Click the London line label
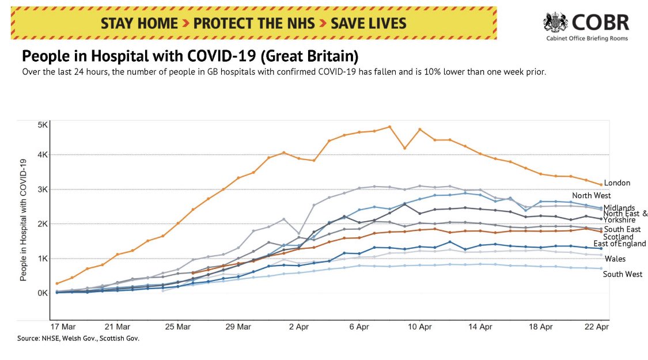(x=617, y=183)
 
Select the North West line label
(x=591, y=196)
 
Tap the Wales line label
(x=615, y=259)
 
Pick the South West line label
(x=623, y=274)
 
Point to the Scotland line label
(x=618, y=237)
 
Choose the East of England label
(x=619, y=244)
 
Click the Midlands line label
(x=619, y=207)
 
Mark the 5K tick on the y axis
(x=43, y=124)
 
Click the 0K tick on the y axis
(x=43, y=293)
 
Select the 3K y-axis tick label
(x=43, y=190)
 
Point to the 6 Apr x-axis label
(x=359, y=327)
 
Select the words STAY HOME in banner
(x=139, y=24)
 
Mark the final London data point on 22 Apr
(x=601, y=185)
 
